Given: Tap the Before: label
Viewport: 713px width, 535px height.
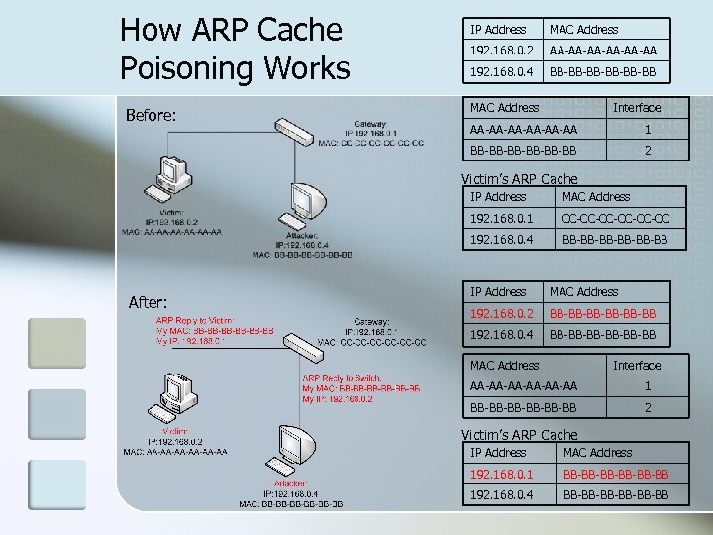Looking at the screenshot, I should pyautogui.click(x=152, y=116).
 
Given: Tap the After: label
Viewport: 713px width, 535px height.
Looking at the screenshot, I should pyautogui.click(x=147, y=302).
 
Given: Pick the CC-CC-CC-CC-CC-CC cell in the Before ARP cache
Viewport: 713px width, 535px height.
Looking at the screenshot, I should pyautogui.click(x=615, y=218).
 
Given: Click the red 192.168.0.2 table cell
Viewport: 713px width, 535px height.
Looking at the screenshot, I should pyautogui.click(x=502, y=313).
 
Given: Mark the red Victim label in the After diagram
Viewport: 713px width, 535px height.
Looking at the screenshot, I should pyautogui.click(x=175, y=432).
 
